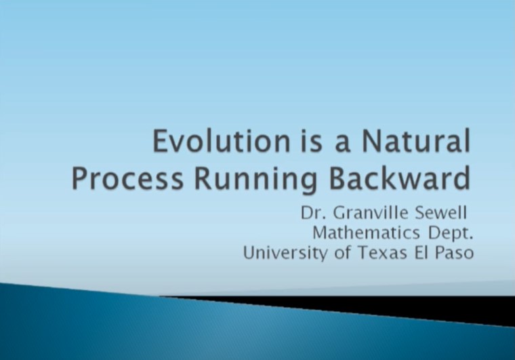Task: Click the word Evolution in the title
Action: click(x=221, y=141)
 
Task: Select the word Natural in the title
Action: click(x=416, y=141)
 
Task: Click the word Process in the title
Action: click(x=127, y=179)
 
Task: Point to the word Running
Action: click(x=256, y=180)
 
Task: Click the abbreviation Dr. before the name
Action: click(x=313, y=213)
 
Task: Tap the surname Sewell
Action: click(x=440, y=213)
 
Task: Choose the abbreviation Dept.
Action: click(x=451, y=233)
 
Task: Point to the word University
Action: click(x=285, y=254)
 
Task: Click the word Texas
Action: click(x=383, y=253)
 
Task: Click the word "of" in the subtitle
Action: click(x=342, y=253)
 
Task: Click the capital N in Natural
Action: click(x=371, y=142)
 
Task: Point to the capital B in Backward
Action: click(x=338, y=179)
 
